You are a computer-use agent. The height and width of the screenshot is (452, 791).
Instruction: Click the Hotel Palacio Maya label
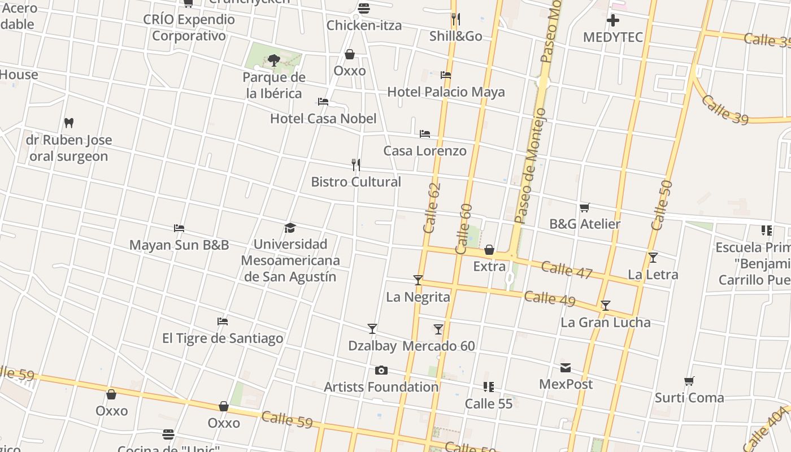pos(446,92)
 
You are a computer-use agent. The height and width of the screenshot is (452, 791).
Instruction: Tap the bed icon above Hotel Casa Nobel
pos(323,102)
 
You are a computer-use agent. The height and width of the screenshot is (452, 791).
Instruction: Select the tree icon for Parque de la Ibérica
pos(274,60)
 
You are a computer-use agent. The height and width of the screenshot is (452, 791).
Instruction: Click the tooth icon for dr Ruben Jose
pos(69,123)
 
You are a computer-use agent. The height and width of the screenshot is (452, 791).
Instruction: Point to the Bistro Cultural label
pos(356,182)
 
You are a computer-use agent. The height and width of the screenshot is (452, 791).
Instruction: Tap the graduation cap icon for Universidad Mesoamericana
pos(290,228)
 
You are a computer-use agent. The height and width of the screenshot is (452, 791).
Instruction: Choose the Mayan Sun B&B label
pos(179,245)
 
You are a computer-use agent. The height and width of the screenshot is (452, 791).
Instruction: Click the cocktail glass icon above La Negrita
pos(418,280)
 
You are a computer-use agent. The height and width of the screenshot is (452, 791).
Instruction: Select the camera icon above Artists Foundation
pos(381,371)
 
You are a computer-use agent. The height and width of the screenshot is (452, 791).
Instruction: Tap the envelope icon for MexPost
pos(566,368)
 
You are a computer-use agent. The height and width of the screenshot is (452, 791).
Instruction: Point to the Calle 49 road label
pos(549,298)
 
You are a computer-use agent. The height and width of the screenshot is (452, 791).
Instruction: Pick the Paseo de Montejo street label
pos(531,167)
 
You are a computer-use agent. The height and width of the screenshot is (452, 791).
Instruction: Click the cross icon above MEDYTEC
pos(613,21)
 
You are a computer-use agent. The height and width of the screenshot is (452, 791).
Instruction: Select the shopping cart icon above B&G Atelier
pos(585,208)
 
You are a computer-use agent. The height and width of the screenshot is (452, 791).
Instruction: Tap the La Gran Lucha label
pos(605,323)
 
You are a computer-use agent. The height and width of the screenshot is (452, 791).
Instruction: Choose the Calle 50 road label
pos(662,205)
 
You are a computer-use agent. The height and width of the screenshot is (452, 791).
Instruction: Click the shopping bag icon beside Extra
pos(489,250)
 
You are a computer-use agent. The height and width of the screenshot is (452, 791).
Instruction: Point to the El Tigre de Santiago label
pos(223,338)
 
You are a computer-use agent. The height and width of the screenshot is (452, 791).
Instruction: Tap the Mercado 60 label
pos(439,346)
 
